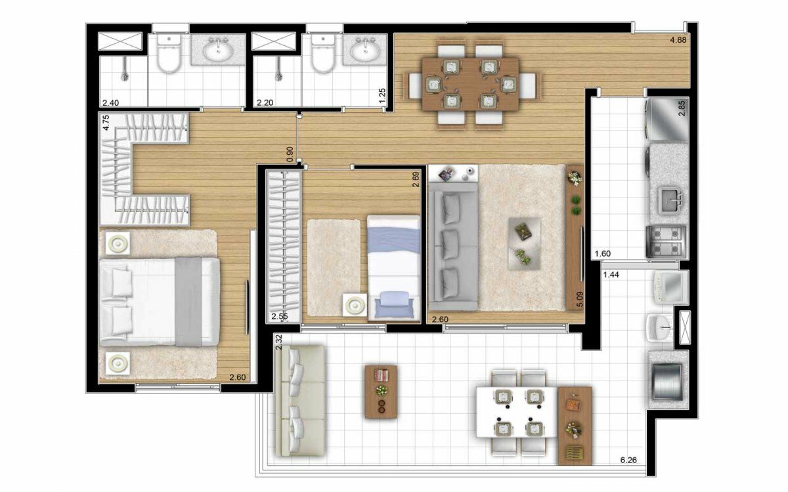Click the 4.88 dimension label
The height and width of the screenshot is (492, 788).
point(678,40)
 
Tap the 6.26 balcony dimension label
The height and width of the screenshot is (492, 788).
point(628,460)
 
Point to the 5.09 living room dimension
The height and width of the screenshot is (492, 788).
point(580,299)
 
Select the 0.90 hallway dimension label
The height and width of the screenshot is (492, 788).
point(290,154)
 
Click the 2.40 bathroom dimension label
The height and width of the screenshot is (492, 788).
point(110,103)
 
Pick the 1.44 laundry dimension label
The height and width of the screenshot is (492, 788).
point(611,275)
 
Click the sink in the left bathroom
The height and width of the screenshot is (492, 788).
point(218,49)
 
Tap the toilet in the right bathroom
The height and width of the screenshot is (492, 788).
point(322,53)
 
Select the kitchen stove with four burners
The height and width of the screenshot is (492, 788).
point(667,241)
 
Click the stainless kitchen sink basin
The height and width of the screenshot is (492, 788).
point(671,201)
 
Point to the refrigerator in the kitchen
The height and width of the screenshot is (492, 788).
point(667,119)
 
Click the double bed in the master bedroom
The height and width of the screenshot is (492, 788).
point(160,302)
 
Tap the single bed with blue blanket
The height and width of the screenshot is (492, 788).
point(393,268)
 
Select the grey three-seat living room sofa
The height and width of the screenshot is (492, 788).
point(452,247)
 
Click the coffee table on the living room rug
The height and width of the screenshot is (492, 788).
point(525,243)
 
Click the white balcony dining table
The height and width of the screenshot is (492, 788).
point(516,412)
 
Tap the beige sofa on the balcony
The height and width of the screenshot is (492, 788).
point(300,401)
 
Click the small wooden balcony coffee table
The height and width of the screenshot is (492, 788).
point(381,392)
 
